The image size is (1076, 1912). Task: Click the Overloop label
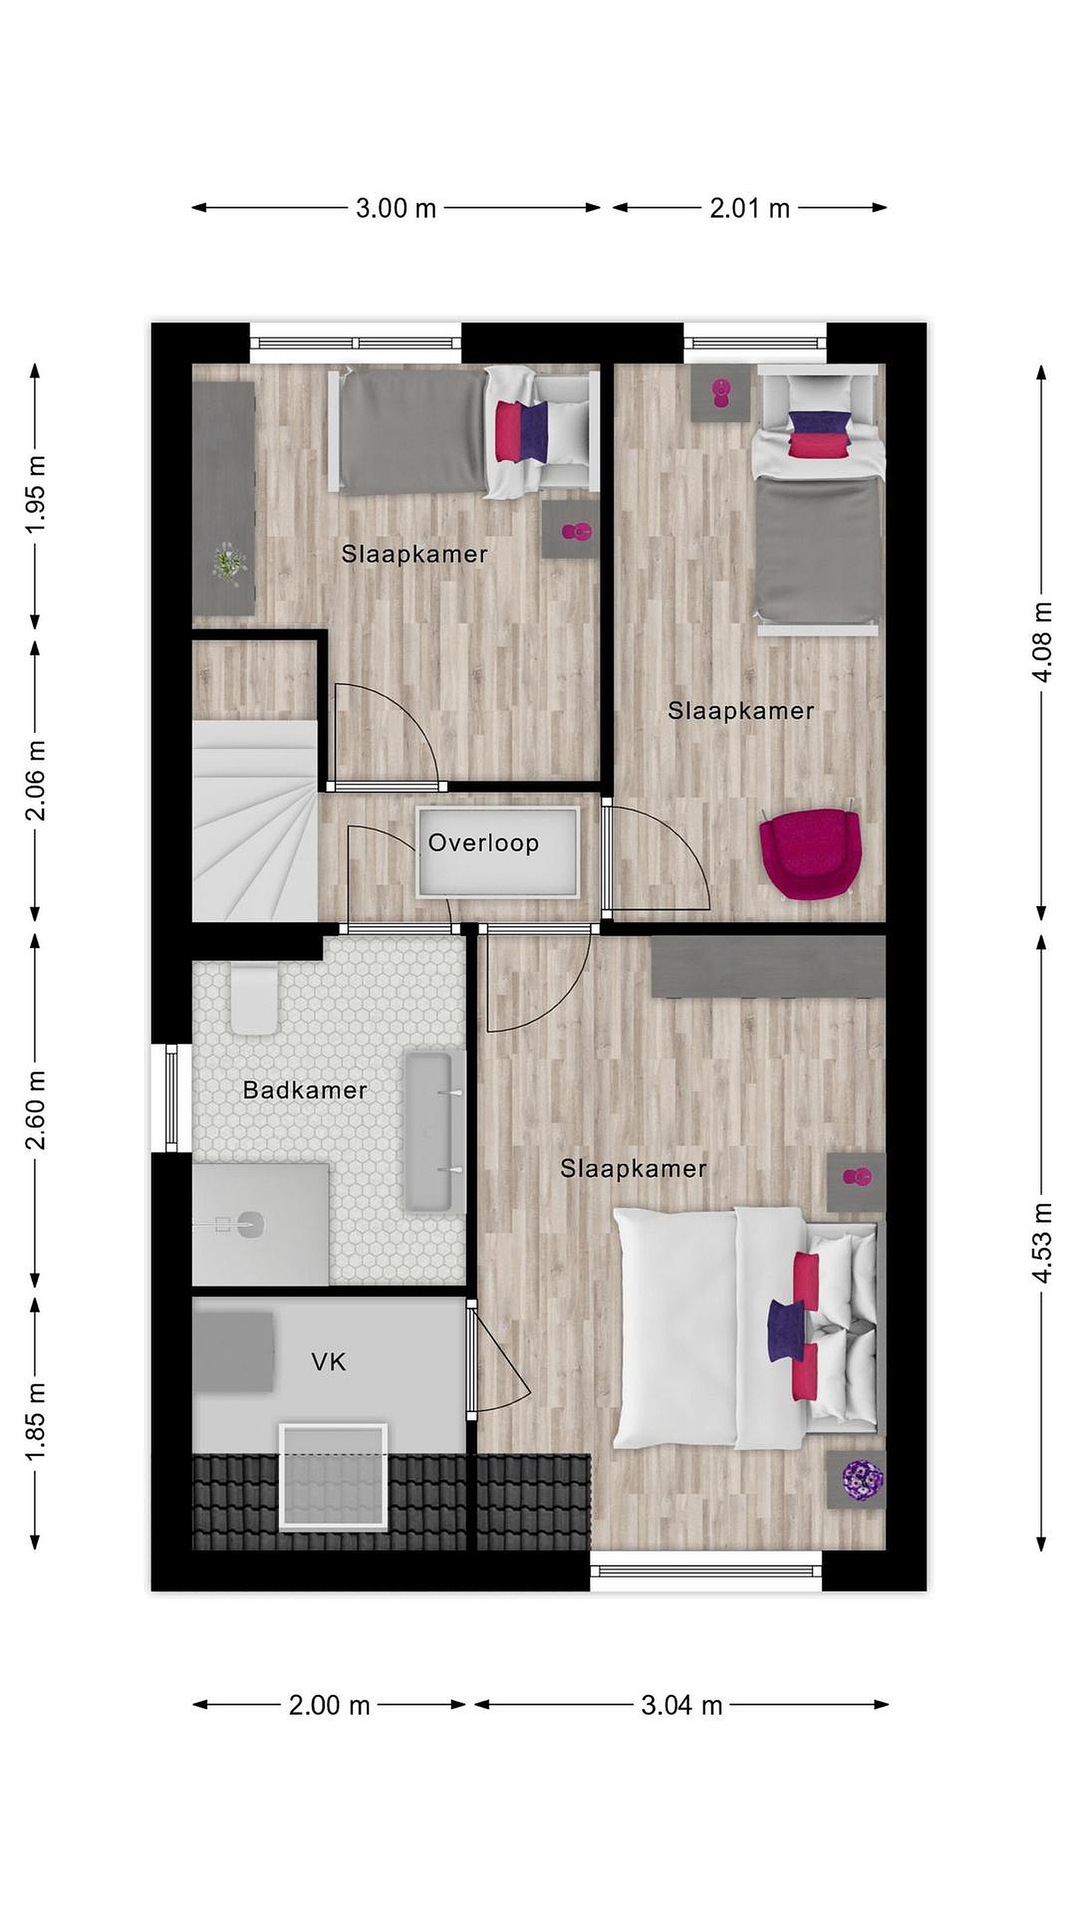[x=484, y=843]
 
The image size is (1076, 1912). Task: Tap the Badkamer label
[x=306, y=1089]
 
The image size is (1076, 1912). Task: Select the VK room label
[x=328, y=1362]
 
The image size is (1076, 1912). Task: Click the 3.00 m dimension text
[x=396, y=208]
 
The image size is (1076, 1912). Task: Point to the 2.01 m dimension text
[x=749, y=208]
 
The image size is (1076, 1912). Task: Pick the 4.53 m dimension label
[x=1043, y=1241]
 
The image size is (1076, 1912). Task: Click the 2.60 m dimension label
[x=36, y=1109]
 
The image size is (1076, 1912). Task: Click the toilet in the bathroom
[x=253, y=998]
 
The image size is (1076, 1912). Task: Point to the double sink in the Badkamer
[x=429, y=1131]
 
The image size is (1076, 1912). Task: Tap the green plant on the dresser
[x=228, y=562]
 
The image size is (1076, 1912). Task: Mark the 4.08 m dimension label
[x=1043, y=641]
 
